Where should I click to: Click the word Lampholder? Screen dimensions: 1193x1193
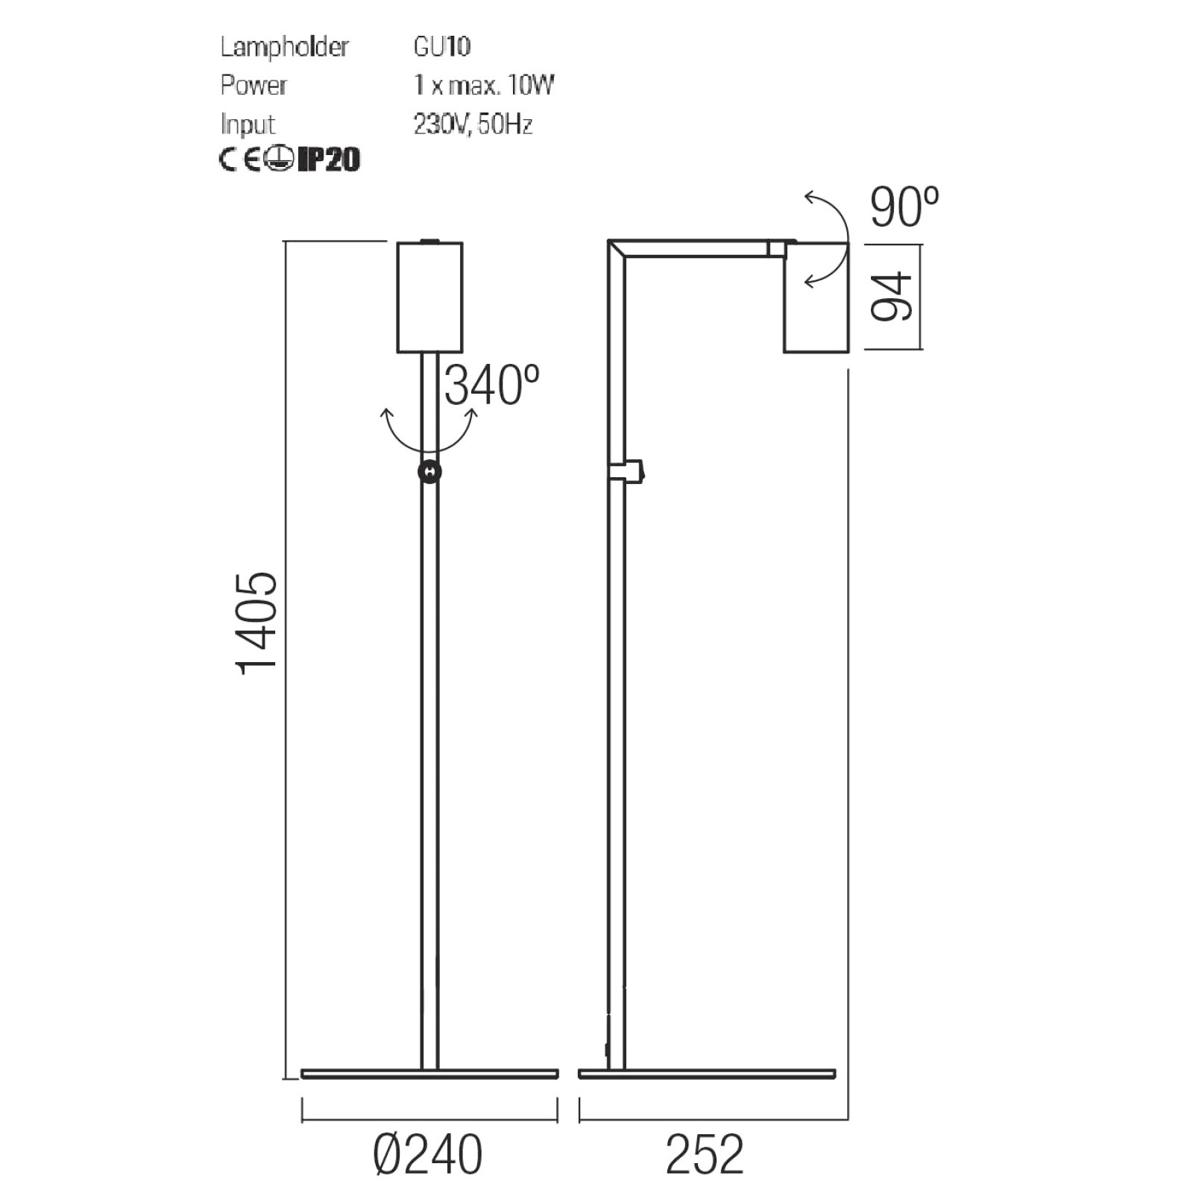[x=284, y=47]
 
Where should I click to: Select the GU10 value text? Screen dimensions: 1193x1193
[x=442, y=46]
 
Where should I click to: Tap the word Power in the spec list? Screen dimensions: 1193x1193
[x=254, y=85]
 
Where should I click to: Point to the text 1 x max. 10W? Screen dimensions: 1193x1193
[x=484, y=85]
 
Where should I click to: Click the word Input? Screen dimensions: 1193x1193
[x=248, y=125]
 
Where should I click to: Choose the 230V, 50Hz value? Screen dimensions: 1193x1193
[x=473, y=124]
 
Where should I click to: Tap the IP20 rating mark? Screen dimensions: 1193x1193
[x=329, y=159]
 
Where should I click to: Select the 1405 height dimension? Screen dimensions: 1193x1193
[x=257, y=623]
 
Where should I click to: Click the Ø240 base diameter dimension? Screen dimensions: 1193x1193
[x=428, y=1155]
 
